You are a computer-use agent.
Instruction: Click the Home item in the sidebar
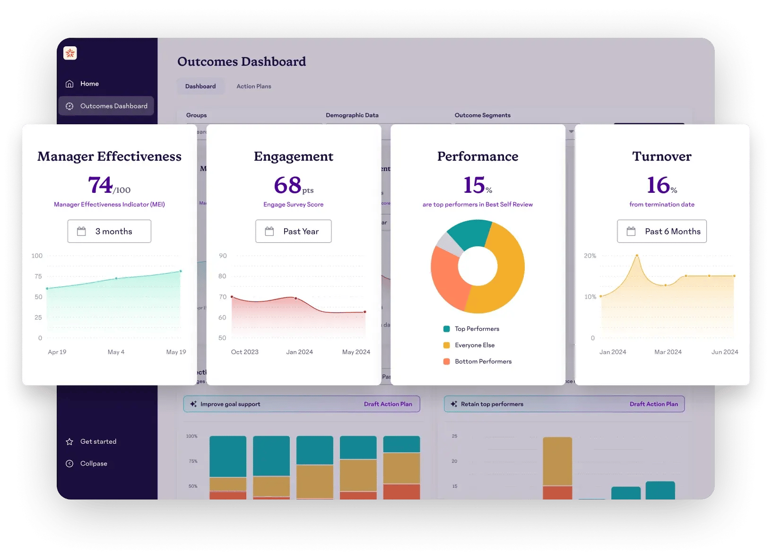[89, 84]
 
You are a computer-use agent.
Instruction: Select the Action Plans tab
[253, 86]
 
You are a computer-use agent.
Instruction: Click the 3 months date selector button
[109, 232]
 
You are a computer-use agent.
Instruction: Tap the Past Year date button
[293, 232]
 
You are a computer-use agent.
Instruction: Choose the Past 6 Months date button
[661, 232]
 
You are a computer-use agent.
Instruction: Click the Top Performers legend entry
[477, 329]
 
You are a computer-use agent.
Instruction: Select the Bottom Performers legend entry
[483, 362]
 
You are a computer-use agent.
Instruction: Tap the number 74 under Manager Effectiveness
[100, 185]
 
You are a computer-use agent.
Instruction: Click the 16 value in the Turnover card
[658, 185]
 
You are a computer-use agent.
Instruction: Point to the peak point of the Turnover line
[637, 256]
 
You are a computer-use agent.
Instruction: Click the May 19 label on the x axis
[176, 352]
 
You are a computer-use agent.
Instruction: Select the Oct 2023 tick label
[244, 352]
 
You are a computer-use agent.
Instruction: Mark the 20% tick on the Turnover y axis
[590, 256]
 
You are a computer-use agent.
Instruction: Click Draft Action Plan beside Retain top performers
[653, 404]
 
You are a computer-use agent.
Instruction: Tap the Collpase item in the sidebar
[94, 464]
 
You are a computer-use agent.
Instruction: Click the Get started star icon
[69, 441]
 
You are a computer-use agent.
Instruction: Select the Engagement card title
[293, 156]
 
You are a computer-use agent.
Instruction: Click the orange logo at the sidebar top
[70, 53]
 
